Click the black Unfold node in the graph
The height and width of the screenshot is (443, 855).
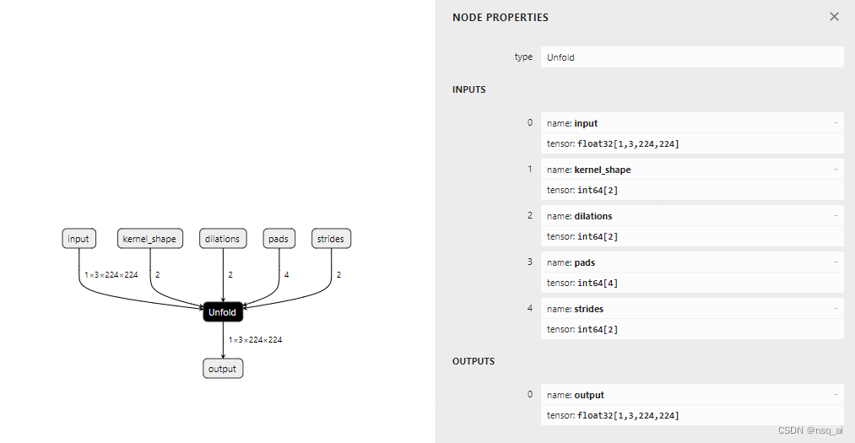point(223,312)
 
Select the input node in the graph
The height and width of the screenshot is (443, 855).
point(78,239)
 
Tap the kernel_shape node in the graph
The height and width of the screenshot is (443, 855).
point(149,239)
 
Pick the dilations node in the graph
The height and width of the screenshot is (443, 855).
point(223,239)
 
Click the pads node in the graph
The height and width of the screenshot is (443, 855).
point(279,239)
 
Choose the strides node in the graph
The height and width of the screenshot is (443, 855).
point(331,239)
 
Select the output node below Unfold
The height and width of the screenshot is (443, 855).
point(223,369)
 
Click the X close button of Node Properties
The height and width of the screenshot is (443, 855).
point(834,17)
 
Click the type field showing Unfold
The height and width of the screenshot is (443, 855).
point(691,57)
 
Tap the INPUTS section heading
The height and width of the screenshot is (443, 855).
point(469,89)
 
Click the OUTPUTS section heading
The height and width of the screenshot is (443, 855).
point(473,361)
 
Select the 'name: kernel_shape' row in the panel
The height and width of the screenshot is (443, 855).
point(691,170)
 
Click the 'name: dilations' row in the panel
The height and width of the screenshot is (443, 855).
point(691,216)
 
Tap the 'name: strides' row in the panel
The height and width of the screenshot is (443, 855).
point(691,309)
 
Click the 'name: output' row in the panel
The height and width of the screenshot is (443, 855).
point(691,395)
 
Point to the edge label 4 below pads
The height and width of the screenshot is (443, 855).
point(287,275)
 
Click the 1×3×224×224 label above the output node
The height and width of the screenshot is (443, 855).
point(256,340)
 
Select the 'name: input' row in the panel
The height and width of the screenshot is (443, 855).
point(691,123)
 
